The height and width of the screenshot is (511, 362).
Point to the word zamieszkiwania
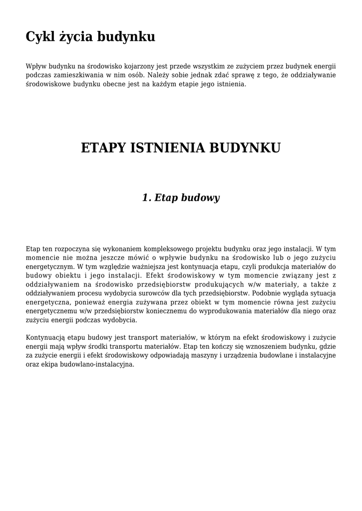coord(74,75)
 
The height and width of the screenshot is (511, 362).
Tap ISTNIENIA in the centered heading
coord(167,148)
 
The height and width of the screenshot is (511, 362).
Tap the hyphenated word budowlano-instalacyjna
coord(97,365)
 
